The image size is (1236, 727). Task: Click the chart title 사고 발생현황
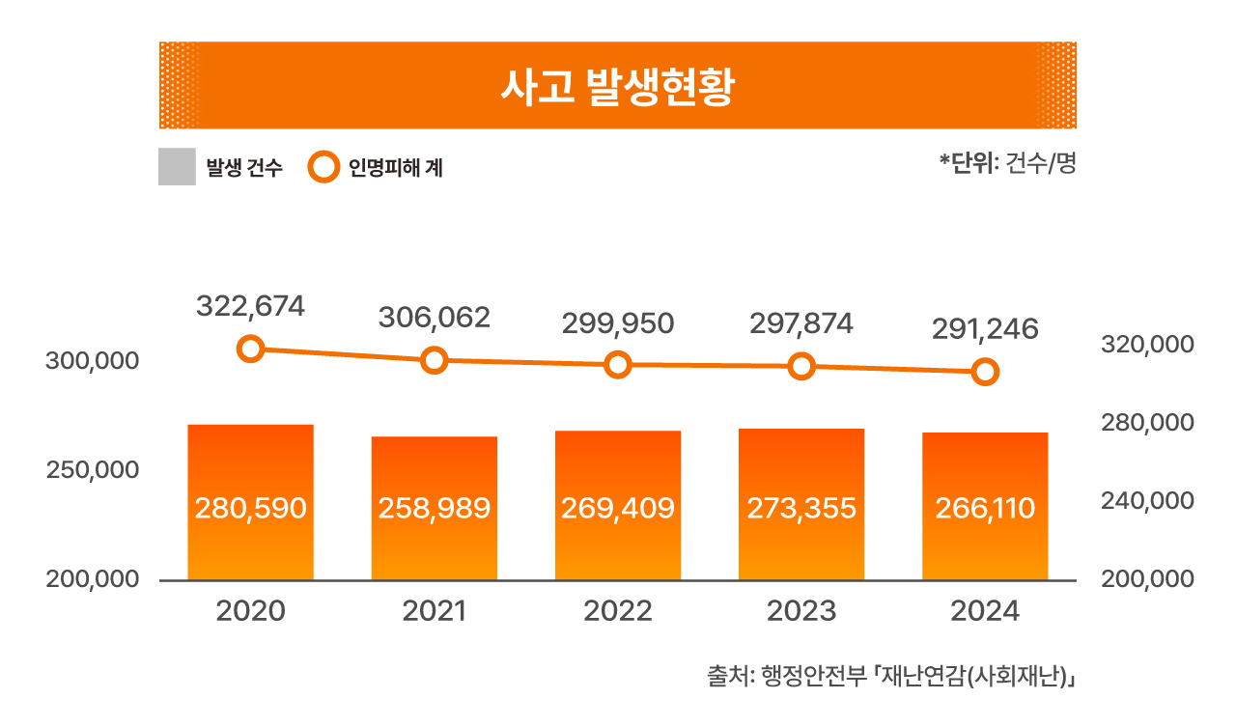coord(617,87)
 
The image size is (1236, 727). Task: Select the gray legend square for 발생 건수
coord(177,167)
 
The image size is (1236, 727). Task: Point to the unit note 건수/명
coord(1041,163)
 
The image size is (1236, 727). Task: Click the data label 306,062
coord(435,318)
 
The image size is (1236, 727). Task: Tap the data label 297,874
coord(801,323)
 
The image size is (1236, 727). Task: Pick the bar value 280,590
coord(250,508)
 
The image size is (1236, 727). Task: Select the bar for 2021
coord(435,508)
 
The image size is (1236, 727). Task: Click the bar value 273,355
coord(801,508)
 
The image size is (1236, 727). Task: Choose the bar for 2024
coord(986,506)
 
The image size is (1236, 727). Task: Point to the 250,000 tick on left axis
coord(92,470)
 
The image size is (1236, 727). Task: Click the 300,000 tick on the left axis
coord(92,361)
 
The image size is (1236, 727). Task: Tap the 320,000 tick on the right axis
coord(1148,345)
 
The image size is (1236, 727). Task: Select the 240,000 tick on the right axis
coord(1148,501)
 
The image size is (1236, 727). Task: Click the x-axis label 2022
coord(618,611)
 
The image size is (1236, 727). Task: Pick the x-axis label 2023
coord(801,611)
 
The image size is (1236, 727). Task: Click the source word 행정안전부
coord(814,676)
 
